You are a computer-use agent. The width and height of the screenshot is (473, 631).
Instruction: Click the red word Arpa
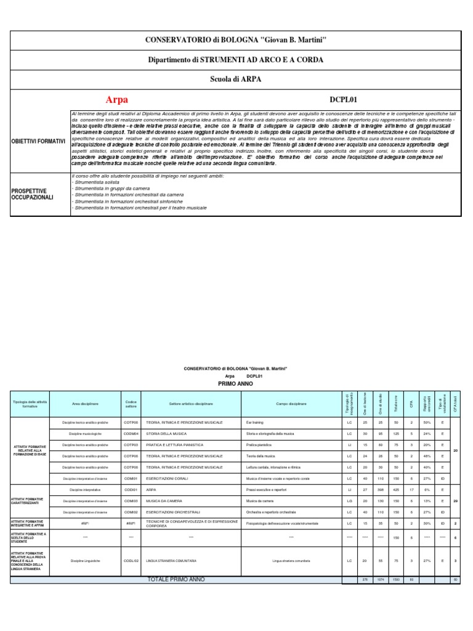click(117, 99)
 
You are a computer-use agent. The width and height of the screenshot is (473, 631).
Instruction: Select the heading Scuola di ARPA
click(236, 79)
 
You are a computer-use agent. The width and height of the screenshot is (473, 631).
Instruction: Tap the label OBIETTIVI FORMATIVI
click(38, 141)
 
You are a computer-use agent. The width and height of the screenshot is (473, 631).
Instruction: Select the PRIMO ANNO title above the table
click(236, 382)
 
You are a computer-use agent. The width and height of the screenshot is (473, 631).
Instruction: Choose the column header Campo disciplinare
click(290, 404)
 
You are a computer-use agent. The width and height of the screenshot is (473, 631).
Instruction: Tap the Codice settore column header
click(131, 404)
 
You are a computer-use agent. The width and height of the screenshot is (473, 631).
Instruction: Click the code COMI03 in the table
click(131, 500)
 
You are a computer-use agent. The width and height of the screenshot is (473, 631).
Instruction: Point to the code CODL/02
click(131, 561)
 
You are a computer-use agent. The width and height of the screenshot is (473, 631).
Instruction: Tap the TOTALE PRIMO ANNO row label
click(176, 579)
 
